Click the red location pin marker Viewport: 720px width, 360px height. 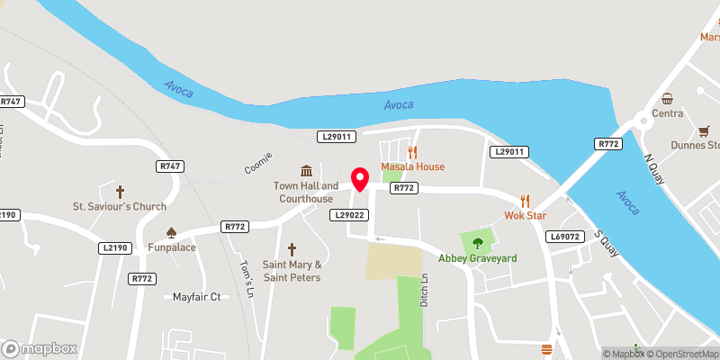(360, 180)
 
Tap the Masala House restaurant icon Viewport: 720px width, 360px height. (413, 152)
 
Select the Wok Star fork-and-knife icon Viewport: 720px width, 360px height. (526, 201)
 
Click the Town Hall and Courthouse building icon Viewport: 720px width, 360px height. (306, 171)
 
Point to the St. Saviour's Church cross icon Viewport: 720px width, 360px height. (120, 192)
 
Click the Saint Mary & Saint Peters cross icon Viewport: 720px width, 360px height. (292, 249)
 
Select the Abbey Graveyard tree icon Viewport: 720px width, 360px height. (477, 241)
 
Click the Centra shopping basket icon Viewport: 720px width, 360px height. (667, 98)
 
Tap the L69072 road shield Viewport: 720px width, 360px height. (566, 236)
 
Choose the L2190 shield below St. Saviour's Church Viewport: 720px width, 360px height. (117, 247)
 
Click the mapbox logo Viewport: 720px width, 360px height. (39, 348)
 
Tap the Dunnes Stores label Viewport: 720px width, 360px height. (696, 145)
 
